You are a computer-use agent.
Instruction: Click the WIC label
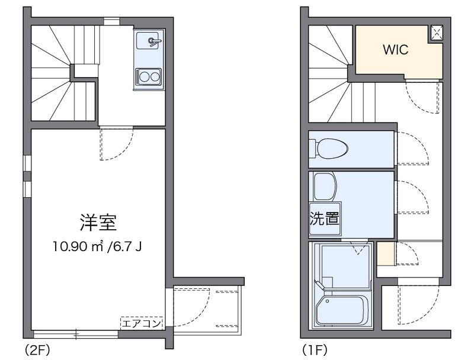pyautogui.click(x=396, y=50)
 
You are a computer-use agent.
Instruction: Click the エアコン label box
pyautogui.click(x=142, y=323)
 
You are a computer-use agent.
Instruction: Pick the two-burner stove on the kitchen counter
pyautogui.click(x=148, y=77)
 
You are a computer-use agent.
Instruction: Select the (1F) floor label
pyautogui.click(x=314, y=349)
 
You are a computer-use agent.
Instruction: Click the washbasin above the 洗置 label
pyautogui.click(x=324, y=186)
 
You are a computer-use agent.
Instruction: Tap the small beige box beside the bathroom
pyautogui.click(x=386, y=253)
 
